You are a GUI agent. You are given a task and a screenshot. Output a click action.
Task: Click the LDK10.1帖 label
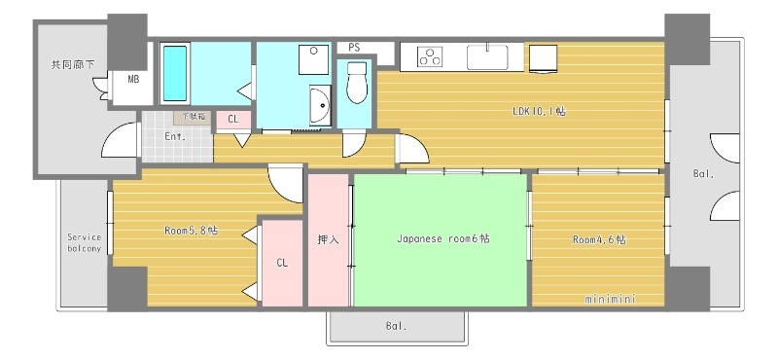click(539, 111)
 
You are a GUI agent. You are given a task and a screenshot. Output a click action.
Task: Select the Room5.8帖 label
click(191, 231)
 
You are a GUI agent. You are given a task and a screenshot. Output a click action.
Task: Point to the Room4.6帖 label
click(598, 239)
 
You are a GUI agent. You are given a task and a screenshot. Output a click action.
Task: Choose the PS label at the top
click(354, 47)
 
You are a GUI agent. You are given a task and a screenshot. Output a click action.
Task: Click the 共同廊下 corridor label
click(73, 65)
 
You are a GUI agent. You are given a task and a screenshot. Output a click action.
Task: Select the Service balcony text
click(84, 241)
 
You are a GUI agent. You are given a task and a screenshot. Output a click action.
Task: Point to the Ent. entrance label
click(175, 136)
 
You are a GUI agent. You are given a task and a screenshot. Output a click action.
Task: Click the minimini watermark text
click(610, 299)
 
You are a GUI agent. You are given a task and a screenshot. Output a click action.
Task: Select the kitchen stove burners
click(430, 57)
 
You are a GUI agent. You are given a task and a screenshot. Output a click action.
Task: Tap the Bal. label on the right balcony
click(702, 175)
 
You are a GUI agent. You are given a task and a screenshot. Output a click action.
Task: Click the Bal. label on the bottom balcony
click(395, 326)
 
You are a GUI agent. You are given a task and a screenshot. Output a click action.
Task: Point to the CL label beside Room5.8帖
click(282, 263)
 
